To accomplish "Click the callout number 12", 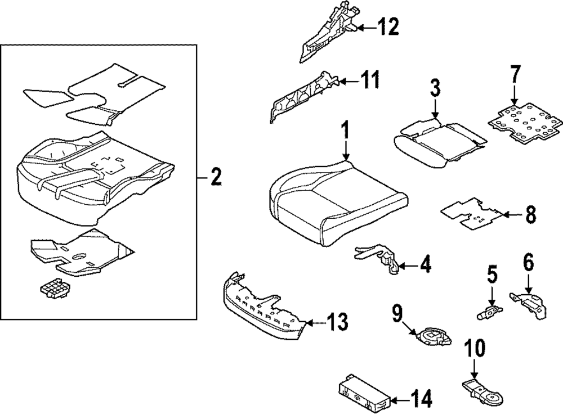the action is point(388,26).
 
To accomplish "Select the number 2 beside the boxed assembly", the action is point(216,177).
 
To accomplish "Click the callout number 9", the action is point(398,313).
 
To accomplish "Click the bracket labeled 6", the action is point(528,304).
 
